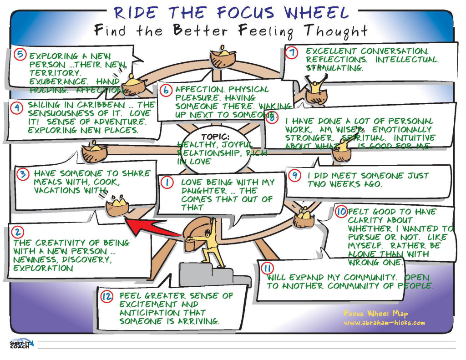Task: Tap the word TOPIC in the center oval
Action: tap(215, 137)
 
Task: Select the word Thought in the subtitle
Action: tap(336, 31)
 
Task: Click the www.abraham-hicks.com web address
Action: tap(384, 323)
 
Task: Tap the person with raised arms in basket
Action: tap(315, 85)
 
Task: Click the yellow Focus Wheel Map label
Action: tap(376, 314)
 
